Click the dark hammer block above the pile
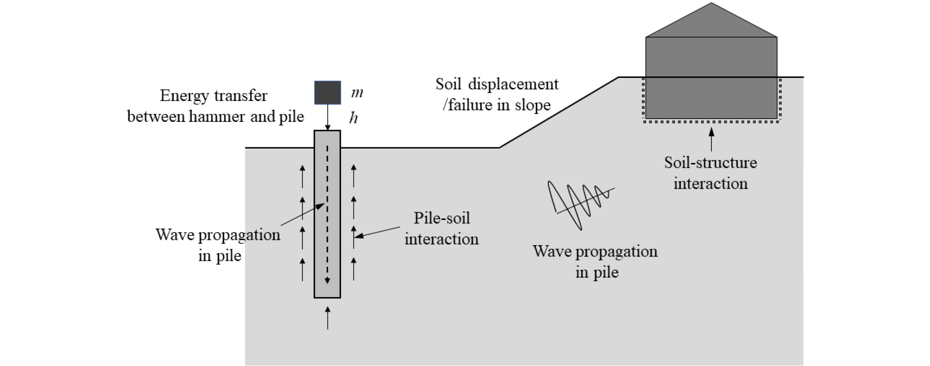point(327,93)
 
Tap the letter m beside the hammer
point(357,93)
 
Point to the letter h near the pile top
point(353,118)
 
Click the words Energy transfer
point(214,96)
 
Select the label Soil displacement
point(497,84)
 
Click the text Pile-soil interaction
point(441,228)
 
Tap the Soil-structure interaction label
point(710,173)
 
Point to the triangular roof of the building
point(711,23)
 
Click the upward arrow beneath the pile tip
point(327,318)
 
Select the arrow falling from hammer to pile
point(327,117)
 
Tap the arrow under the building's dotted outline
point(711,139)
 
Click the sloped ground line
point(559,113)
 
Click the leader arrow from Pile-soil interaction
point(377,232)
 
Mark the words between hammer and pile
point(215,117)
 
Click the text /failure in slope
point(497,105)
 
